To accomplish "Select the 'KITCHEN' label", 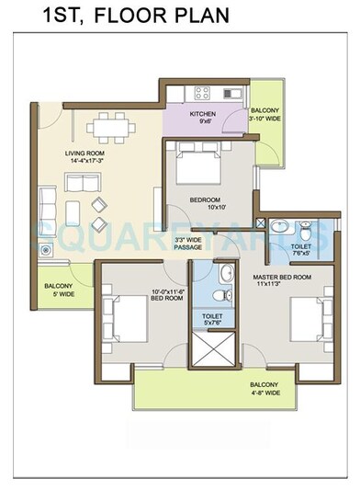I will pyautogui.click(x=202, y=115).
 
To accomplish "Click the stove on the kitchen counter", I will pyautogui.click(x=204, y=92).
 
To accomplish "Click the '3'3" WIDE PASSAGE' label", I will pyautogui.click(x=188, y=244).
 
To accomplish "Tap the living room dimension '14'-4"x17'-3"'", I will pyautogui.click(x=85, y=160).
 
